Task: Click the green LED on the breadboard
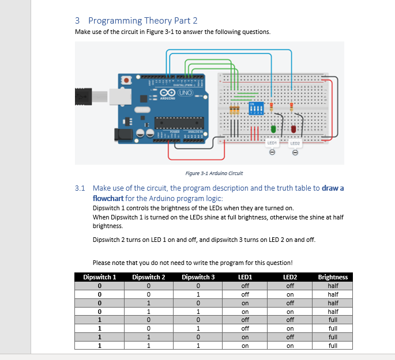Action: click(x=274, y=128)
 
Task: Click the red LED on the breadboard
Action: click(x=294, y=128)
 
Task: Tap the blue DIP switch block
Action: click(x=255, y=108)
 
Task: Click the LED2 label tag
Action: click(x=295, y=142)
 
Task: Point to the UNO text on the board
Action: click(x=185, y=93)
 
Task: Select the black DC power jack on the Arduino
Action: click(x=123, y=135)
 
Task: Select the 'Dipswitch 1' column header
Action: click(x=100, y=277)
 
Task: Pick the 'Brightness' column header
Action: click(x=333, y=277)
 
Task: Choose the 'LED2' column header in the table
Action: click(x=290, y=277)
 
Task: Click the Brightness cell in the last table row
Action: click(x=333, y=346)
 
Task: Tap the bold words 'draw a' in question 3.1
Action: click(x=333, y=188)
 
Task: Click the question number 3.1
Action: click(x=80, y=188)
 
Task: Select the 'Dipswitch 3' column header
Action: click(x=198, y=277)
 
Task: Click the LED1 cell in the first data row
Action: click(x=245, y=285)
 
